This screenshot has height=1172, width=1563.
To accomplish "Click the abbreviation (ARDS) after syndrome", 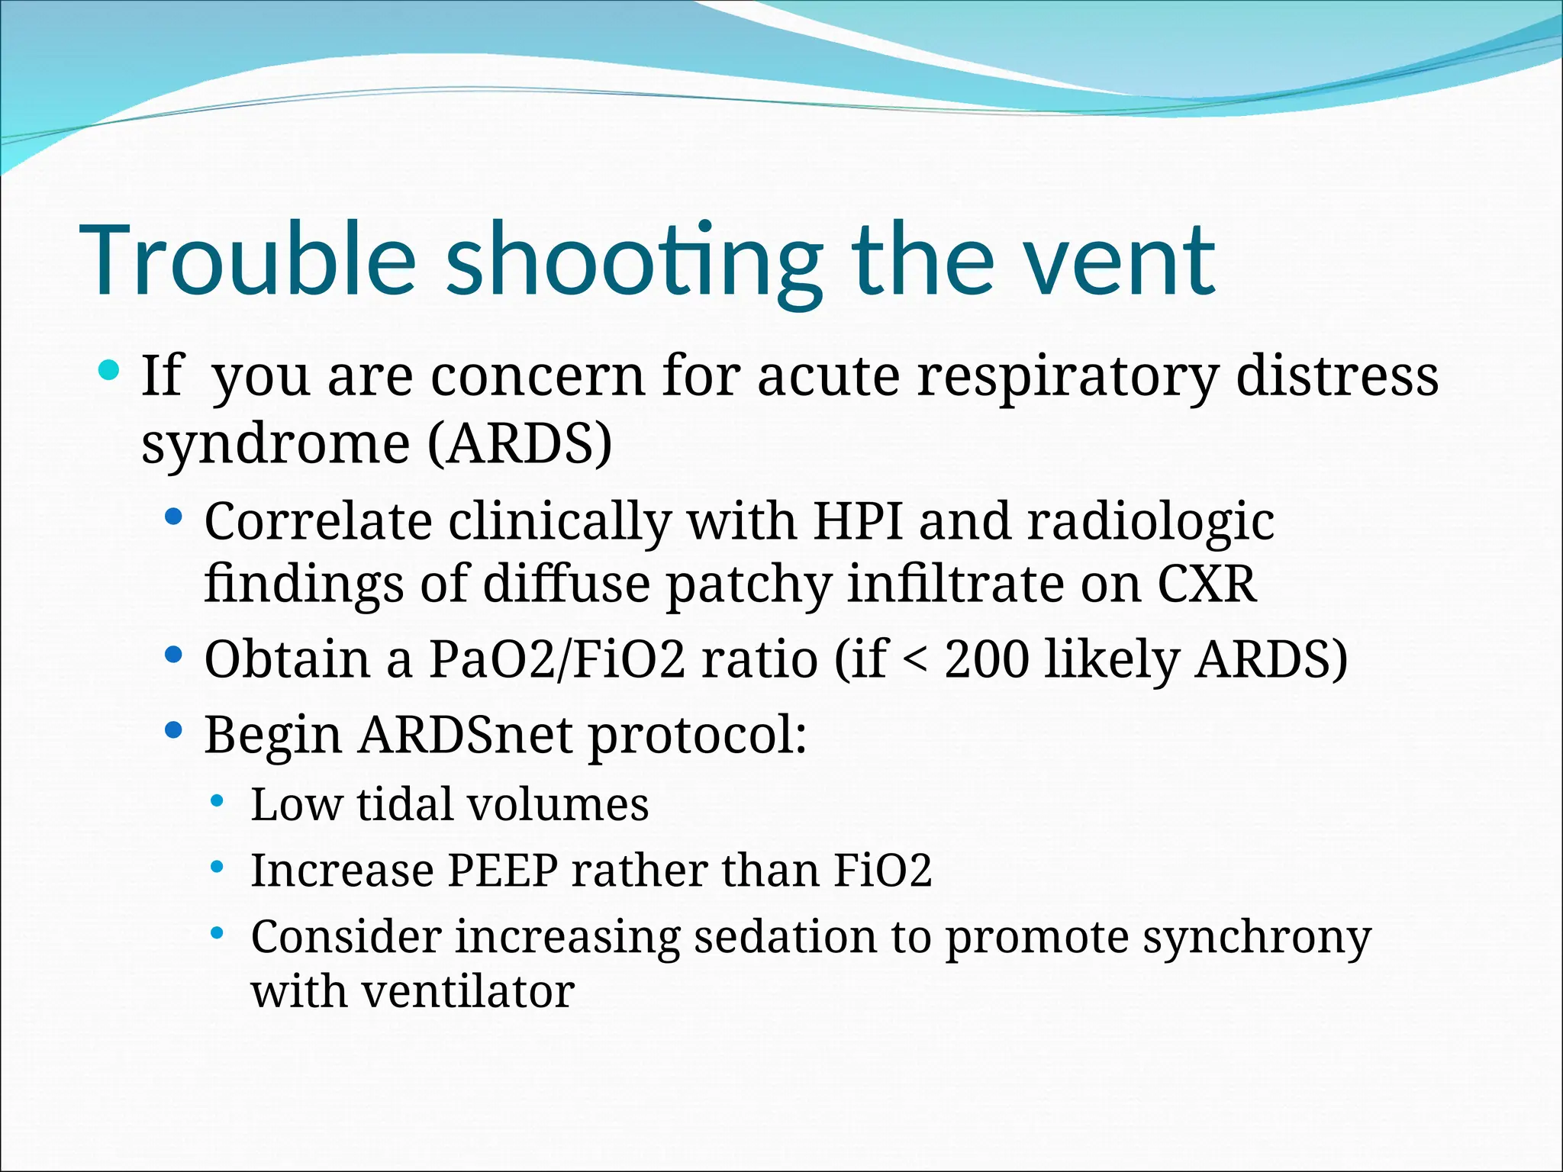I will click(520, 444).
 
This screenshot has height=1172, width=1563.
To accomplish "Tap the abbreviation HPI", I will click(858, 521).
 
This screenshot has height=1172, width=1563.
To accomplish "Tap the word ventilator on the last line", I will click(468, 992).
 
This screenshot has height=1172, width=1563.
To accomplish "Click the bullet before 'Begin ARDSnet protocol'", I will click(174, 731).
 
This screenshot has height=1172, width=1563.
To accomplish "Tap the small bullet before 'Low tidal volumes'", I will click(218, 801).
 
